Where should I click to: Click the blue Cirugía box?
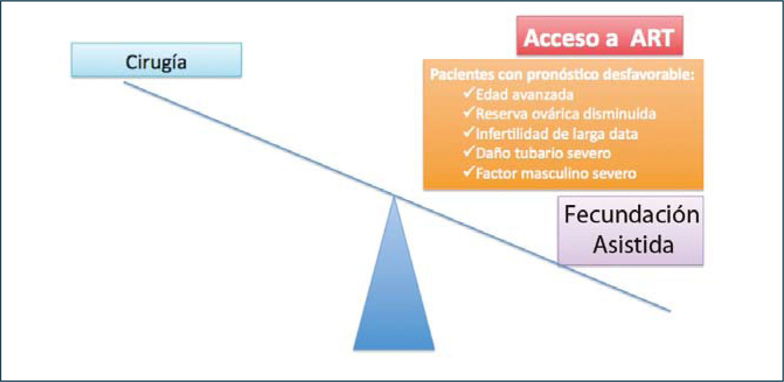click(x=156, y=60)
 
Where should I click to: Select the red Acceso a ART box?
click(x=599, y=36)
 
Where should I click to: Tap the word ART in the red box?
click(x=652, y=38)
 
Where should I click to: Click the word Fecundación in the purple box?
click(x=631, y=215)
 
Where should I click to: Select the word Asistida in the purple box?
click(x=633, y=245)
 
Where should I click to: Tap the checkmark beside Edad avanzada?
click(x=469, y=93)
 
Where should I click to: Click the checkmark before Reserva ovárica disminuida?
click(x=469, y=113)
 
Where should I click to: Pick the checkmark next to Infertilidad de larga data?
click(x=469, y=132)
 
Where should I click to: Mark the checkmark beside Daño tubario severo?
click(x=469, y=152)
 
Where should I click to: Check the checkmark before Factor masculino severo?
click(x=469, y=172)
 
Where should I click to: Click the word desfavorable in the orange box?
click(x=648, y=74)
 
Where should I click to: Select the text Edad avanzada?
click(x=524, y=95)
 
